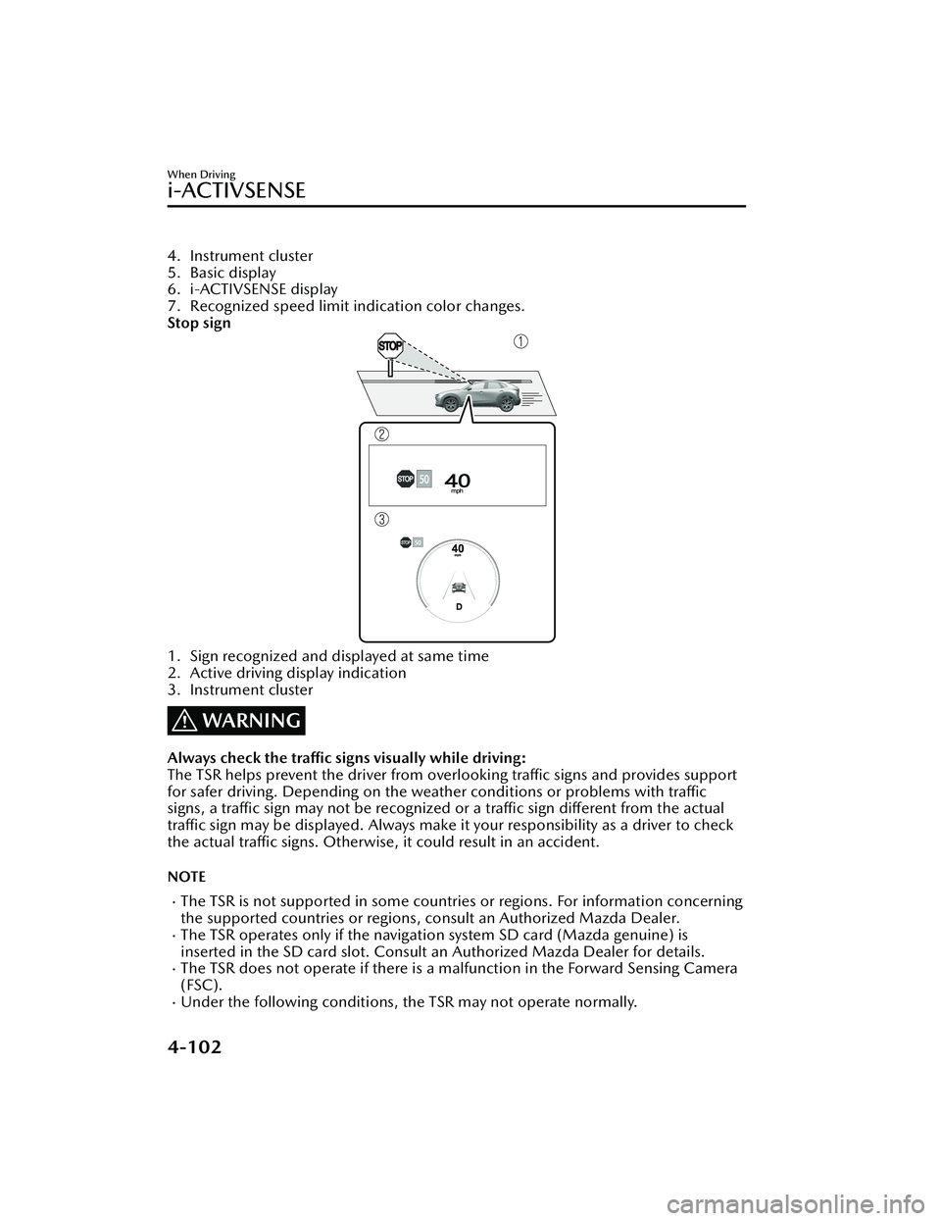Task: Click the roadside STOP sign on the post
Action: coord(390,346)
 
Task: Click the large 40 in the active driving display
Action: coord(458,480)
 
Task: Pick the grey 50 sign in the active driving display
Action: coord(423,479)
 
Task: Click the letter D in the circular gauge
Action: coord(457,608)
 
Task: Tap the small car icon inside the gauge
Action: coord(457,588)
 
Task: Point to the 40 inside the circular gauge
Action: coord(457,549)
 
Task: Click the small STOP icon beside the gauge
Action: coord(404,541)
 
